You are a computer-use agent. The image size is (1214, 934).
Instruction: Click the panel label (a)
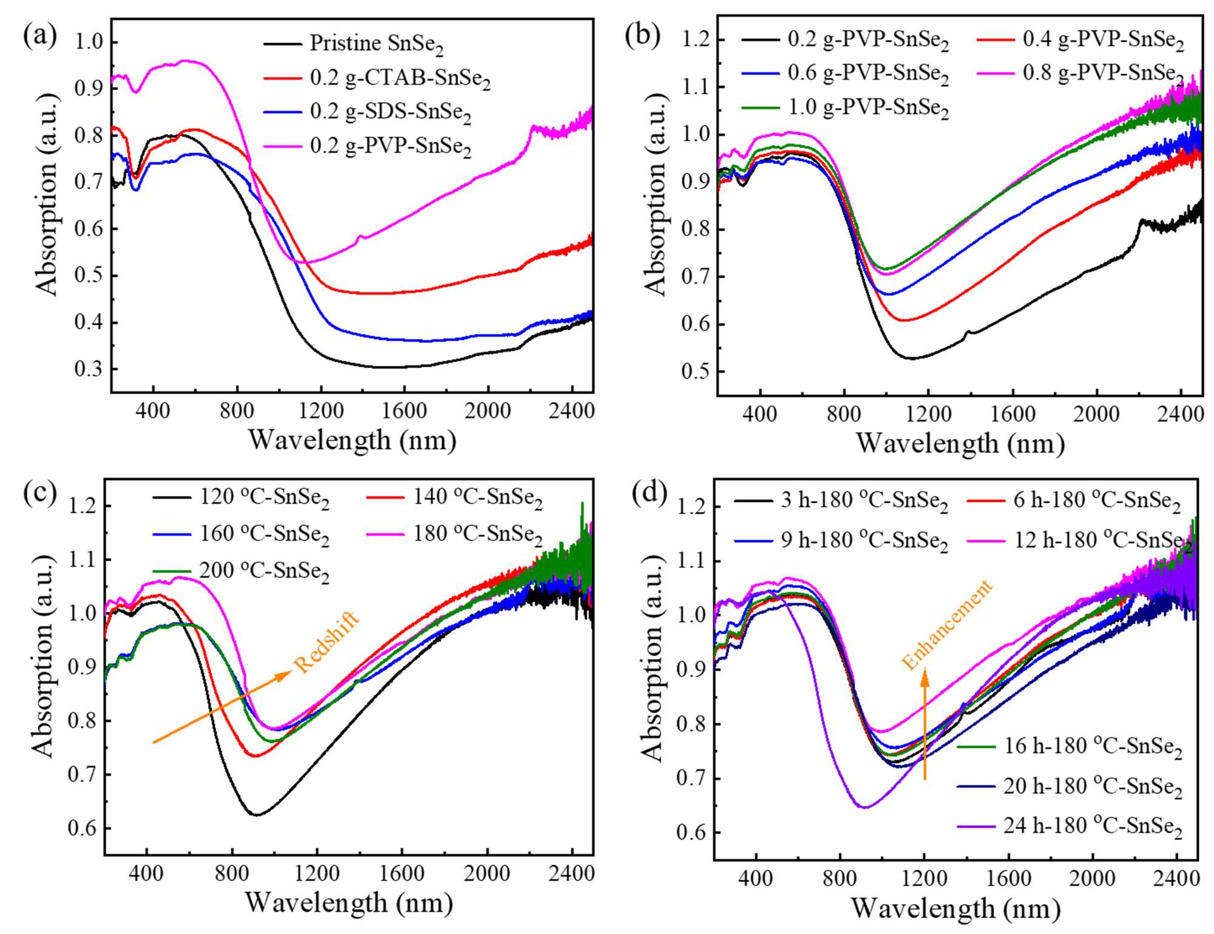coord(40,36)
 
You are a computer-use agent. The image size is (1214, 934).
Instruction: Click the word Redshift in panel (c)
coord(327,643)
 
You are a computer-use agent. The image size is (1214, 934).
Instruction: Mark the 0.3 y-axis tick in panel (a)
coord(89,369)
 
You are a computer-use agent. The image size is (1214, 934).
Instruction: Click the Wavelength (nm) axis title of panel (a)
coord(352,440)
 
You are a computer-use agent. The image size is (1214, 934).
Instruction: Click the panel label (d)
coord(649,493)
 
